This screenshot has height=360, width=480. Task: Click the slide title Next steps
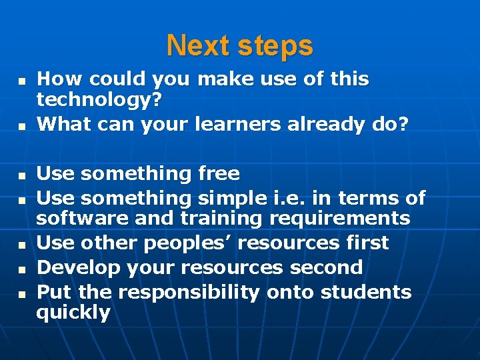click(x=239, y=46)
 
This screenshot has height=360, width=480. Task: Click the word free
click(x=219, y=174)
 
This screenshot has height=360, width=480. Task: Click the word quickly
click(x=73, y=313)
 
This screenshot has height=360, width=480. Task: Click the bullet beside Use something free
click(x=21, y=175)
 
